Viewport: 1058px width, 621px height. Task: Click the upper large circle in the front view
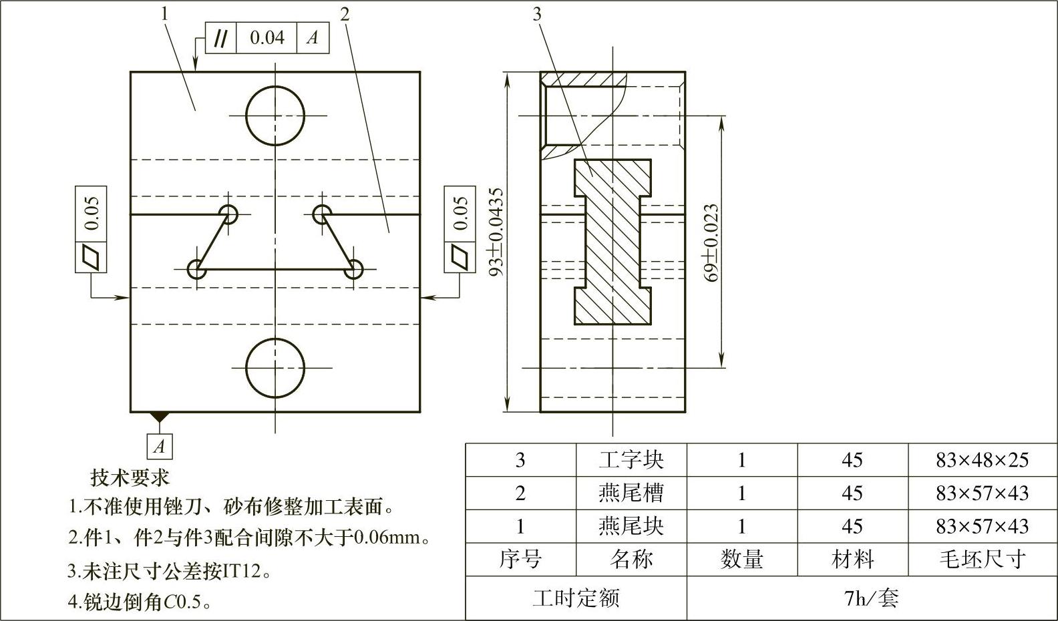[x=275, y=116]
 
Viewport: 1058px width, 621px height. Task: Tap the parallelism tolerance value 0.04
[x=267, y=38]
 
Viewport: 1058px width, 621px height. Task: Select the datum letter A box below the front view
[x=160, y=446]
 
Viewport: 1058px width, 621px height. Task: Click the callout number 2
[x=345, y=14]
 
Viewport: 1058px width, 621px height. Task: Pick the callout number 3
[x=537, y=14]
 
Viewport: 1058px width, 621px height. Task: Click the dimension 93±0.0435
[x=496, y=232]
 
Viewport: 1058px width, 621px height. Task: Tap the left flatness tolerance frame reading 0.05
[x=92, y=212]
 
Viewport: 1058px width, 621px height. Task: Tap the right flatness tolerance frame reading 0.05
[x=460, y=212]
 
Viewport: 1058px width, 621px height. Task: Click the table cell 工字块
[x=631, y=460]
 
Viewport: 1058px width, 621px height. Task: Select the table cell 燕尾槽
[x=631, y=493]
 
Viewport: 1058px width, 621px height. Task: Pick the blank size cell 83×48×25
[x=982, y=460]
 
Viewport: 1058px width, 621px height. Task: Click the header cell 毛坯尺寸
[x=982, y=560]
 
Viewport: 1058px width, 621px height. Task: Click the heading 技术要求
[x=130, y=477]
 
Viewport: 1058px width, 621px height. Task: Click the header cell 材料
[x=852, y=560]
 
